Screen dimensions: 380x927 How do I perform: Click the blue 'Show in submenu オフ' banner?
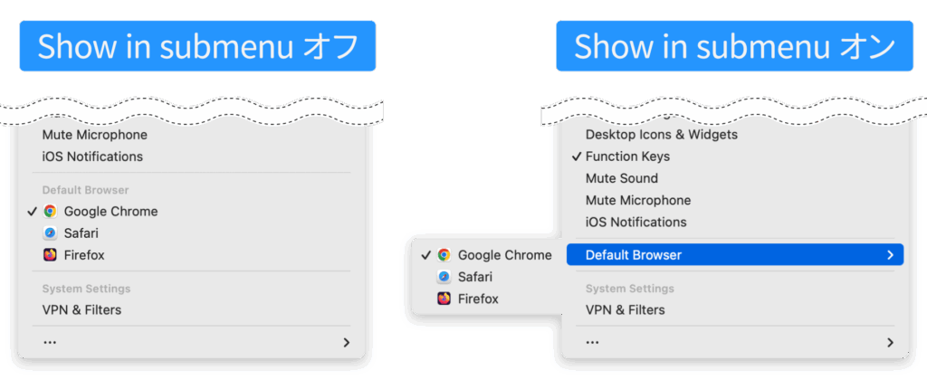[197, 46]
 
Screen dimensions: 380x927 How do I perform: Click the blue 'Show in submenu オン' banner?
[734, 46]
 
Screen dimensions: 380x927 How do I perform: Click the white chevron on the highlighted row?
[891, 255]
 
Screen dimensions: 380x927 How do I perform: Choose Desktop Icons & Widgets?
[661, 135]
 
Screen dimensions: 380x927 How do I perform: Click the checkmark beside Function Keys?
[576, 157]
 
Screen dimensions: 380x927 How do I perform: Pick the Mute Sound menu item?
[621, 178]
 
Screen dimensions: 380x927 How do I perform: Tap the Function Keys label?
[627, 157]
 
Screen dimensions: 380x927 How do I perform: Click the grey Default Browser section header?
[85, 190]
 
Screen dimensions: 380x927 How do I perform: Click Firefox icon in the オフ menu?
[50, 255]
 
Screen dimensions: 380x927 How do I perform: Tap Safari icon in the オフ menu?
[50, 233]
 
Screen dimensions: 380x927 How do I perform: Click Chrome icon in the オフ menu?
[50, 212]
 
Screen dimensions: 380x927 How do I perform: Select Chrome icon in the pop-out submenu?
[444, 255]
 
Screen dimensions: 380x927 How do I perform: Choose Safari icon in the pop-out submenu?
[444, 277]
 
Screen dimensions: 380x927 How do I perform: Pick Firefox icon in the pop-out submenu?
[444, 299]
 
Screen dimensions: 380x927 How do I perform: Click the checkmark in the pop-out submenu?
[425, 255]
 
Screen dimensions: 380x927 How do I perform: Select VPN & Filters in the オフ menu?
[81, 309]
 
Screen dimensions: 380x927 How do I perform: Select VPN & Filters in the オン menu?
[625, 309]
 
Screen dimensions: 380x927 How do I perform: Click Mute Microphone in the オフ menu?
[94, 135]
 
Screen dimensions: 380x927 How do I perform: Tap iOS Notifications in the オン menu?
[636, 222]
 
